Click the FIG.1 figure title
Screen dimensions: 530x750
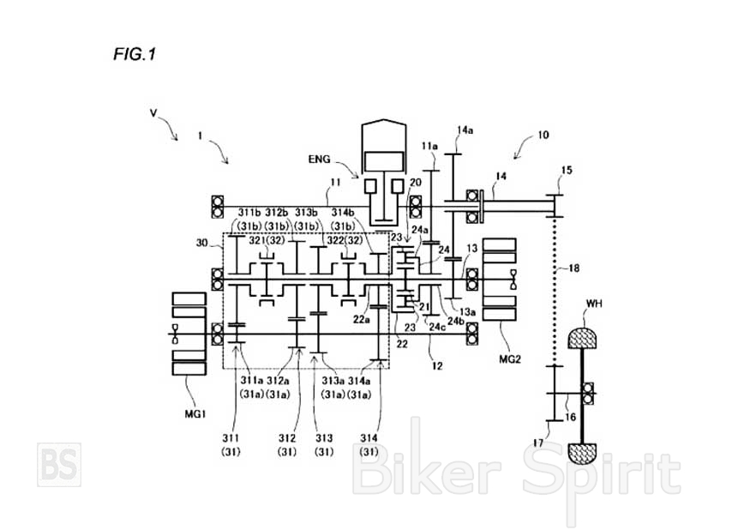pyautogui.click(x=135, y=55)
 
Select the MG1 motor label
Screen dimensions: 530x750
pyautogui.click(x=195, y=414)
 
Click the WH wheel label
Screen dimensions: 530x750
pyautogui.click(x=596, y=304)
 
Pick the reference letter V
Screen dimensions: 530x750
pyautogui.click(x=153, y=112)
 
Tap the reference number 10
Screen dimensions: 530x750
pyautogui.click(x=543, y=135)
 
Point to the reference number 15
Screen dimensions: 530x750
pyautogui.click(x=567, y=171)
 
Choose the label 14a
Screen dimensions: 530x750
pyautogui.click(x=465, y=130)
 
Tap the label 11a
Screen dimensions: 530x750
pyautogui.click(x=430, y=146)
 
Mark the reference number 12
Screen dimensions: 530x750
pyautogui.click(x=437, y=365)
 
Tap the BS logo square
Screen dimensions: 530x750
pyautogui.click(x=59, y=464)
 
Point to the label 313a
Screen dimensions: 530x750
pyautogui.click(x=332, y=380)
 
